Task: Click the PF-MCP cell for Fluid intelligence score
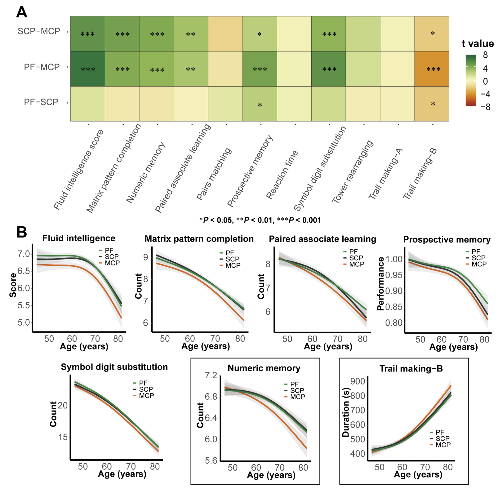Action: point(88,69)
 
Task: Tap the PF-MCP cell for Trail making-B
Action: point(432,69)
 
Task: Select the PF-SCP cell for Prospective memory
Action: point(260,104)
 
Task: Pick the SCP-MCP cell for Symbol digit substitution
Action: point(329,34)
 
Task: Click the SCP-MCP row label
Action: point(39,31)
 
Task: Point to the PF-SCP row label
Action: point(41,102)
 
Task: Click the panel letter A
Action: point(22,12)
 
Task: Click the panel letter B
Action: point(22,232)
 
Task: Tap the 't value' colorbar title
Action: point(478,44)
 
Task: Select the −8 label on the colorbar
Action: point(485,107)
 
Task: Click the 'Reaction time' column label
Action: point(282,175)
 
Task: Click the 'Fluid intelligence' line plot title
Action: point(79,238)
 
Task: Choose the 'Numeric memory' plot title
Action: point(264,368)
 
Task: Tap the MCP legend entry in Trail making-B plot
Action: point(443,445)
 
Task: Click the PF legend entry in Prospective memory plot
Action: point(475,251)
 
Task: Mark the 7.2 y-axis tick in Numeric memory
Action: point(211,376)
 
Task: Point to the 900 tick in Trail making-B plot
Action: point(358,381)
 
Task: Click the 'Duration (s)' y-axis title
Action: point(346,412)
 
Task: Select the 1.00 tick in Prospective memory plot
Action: point(394,259)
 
